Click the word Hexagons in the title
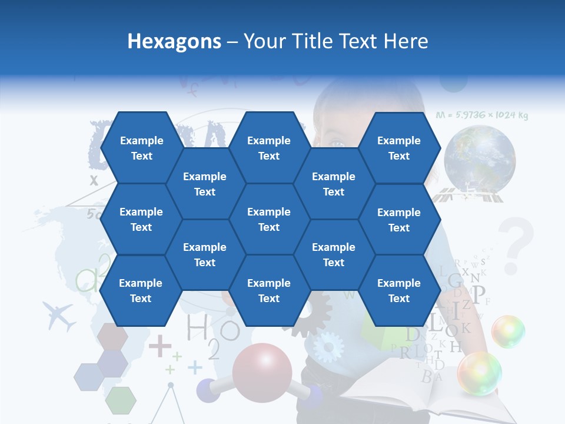tap(174, 41)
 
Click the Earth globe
tap(480, 158)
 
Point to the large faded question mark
tap(516, 244)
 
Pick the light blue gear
tap(328, 347)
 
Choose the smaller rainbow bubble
tap(508, 331)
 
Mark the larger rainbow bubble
tap(480, 373)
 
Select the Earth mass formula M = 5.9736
tap(482, 115)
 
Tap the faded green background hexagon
tap(121, 400)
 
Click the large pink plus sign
tap(159, 346)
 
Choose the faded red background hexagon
tap(112, 336)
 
